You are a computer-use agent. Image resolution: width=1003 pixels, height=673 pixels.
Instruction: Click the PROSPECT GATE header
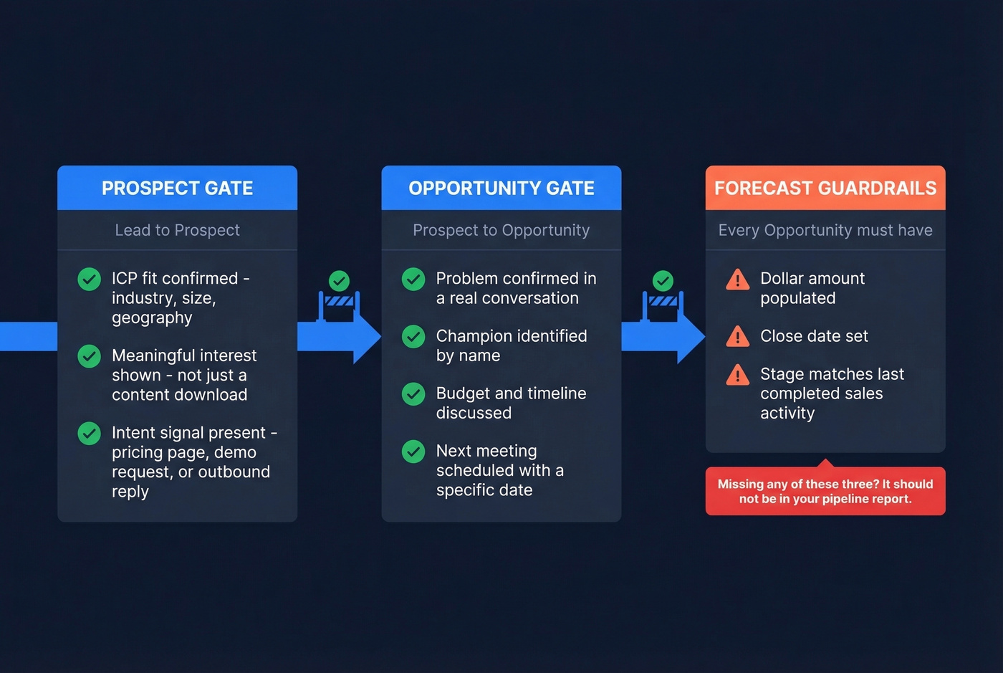point(177,188)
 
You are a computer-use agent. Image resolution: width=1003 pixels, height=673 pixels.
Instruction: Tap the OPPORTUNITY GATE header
point(501,188)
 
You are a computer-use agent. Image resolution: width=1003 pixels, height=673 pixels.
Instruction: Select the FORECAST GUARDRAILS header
point(825,188)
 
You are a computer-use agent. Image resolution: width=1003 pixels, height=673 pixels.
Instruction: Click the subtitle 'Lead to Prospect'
point(177,230)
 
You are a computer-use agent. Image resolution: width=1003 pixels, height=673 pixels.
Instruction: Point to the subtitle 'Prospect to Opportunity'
point(501,230)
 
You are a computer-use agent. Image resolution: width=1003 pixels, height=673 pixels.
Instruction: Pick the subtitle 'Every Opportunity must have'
point(825,230)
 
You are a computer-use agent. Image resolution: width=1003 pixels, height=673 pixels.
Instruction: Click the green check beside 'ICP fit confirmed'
point(89,279)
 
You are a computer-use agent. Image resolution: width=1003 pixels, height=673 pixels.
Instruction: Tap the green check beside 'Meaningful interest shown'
point(89,356)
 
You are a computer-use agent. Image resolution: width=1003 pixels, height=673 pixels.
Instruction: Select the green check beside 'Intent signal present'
point(89,434)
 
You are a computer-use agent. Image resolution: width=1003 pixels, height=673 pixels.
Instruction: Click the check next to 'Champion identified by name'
point(413,337)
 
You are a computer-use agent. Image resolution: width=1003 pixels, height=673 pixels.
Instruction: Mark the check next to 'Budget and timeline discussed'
point(413,394)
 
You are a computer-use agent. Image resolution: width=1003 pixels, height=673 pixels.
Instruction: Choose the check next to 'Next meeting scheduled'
point(413,452)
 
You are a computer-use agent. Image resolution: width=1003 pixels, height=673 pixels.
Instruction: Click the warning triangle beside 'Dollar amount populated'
point(737,280)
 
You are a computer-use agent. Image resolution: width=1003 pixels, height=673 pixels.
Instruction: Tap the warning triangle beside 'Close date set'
point(737,336)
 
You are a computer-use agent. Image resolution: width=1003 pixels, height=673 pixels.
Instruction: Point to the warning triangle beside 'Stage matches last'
point(737,375)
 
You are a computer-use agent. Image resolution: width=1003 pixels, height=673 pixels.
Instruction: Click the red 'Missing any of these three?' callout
point(825,491)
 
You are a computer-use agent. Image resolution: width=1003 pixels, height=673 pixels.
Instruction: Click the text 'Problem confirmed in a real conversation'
point(515,288)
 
